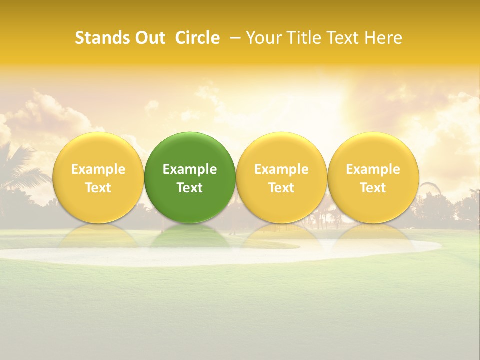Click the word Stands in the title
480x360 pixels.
(103, 38)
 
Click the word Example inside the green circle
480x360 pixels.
(190, 169)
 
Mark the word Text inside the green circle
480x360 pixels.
(190, 188)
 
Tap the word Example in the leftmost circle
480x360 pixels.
(98, 169)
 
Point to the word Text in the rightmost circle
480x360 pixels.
(373, 188)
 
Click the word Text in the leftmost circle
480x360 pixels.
(98, 188)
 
